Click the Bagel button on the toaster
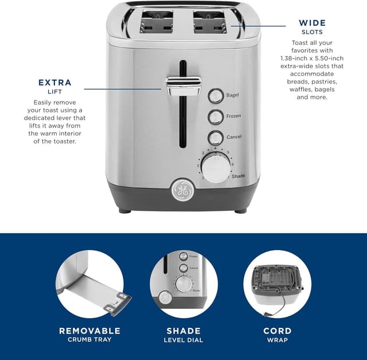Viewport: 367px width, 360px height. (x=216, y=95)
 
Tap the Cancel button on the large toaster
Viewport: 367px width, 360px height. (x=216, y=138)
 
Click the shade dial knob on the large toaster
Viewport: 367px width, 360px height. (x=216, y=168)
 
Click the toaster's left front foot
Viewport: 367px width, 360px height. (x=125, y=211)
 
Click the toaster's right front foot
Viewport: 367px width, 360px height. (x=240, y=211)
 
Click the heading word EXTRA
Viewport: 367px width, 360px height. (x=55, y=82)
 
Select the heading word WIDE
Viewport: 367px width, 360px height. (x=312, y=23)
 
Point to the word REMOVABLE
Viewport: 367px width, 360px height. (x=89, y=331)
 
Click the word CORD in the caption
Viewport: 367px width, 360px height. (x=277, y=331)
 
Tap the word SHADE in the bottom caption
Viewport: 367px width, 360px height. (x=183, y=331)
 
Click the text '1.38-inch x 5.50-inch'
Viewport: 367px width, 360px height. (x=312, y=59)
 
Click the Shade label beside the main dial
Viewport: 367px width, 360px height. (x=239, y=176)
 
